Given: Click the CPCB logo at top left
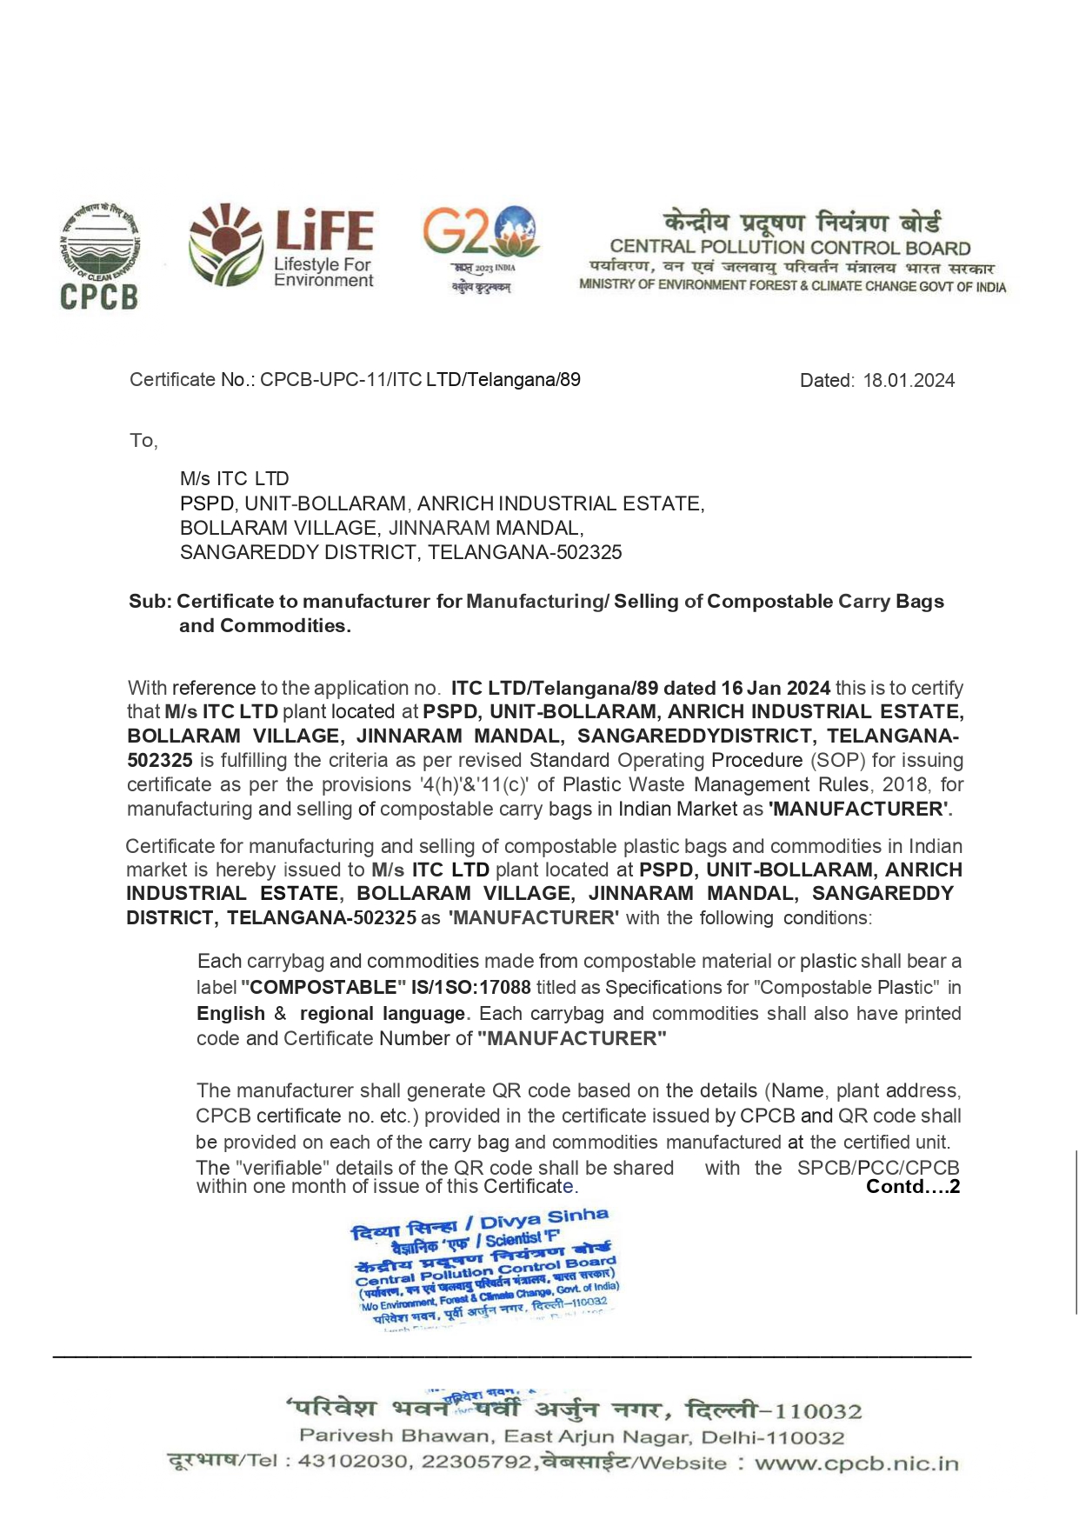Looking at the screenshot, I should coord(99,257).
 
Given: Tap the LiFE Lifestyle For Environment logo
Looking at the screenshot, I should coord(282,247).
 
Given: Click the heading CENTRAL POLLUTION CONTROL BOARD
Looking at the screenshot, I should coord(789,248).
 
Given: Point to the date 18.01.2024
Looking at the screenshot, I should coord(909,381).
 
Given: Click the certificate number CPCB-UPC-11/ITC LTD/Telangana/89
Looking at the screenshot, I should coord(420,380).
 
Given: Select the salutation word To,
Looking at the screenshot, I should coord(143,441).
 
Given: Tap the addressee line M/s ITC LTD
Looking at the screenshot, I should coord(234,479).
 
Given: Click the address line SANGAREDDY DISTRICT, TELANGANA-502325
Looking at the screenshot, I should coord(401,553).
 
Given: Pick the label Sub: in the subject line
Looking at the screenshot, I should coord(151,602).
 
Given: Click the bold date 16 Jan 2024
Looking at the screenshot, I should coord(775,689).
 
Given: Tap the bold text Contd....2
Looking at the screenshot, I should coord(913,1187).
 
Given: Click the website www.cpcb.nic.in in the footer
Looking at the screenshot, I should coord(856,1463).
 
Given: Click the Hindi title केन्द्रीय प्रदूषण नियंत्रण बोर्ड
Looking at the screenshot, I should coord(802,222).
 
